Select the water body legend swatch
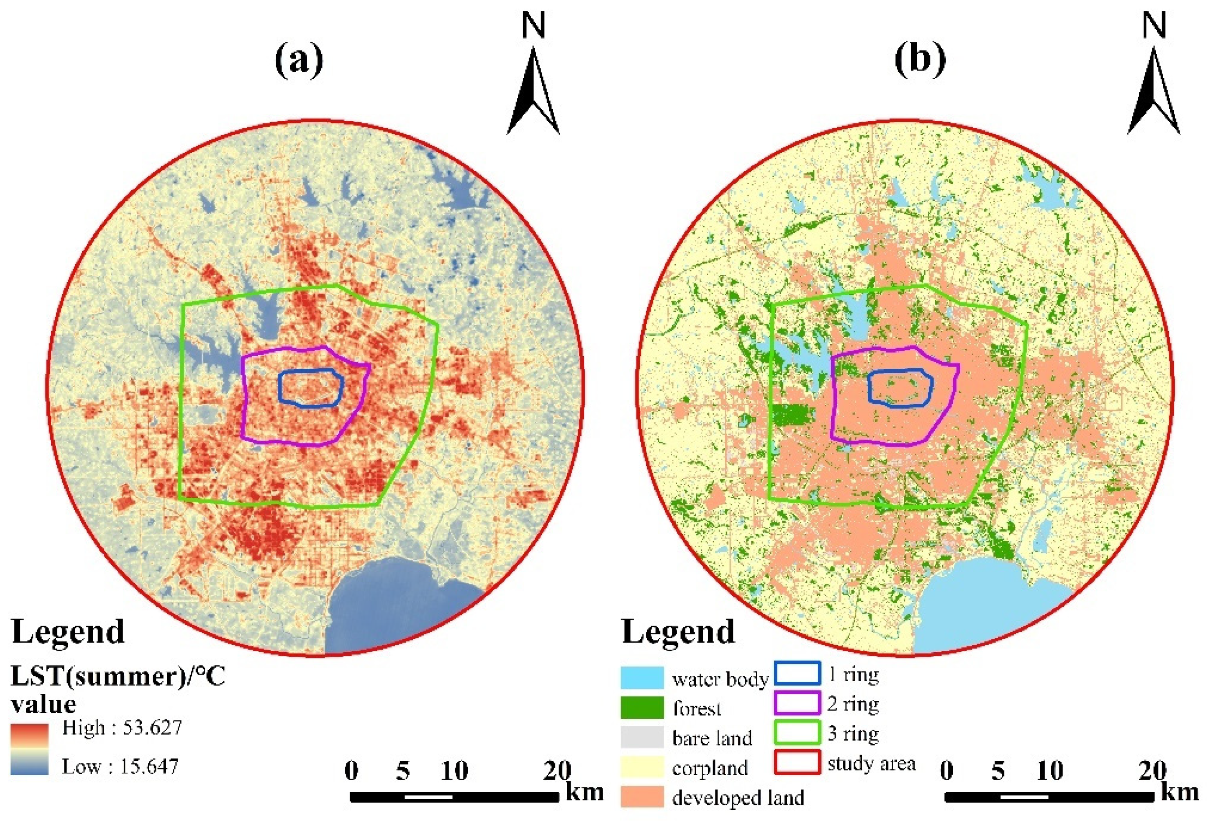pos(642,678)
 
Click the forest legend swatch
pos(642,707)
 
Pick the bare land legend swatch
pos(642,737)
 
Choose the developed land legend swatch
pos(642,797)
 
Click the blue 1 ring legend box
pos(797,674)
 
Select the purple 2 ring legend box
pos(797,703)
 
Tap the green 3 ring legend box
pos(797,733)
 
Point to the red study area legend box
pos(797,762)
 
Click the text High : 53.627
pos(122,728)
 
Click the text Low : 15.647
pos(120,766)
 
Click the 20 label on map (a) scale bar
pos(557,770)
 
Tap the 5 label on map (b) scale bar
pos(998,770)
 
